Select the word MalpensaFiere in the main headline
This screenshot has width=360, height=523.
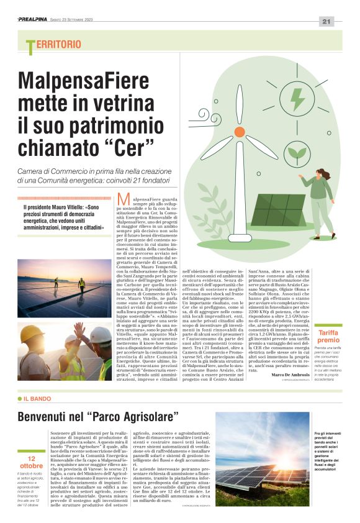click(83, 81)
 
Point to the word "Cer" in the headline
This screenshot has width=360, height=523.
click(131, 148)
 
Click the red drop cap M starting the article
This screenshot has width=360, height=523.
click(123, 199)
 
